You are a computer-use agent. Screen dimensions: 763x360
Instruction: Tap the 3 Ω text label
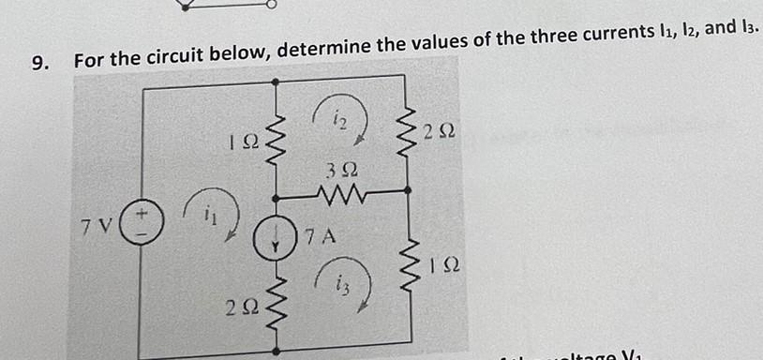[340, 172]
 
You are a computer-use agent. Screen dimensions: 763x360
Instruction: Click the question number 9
[38, 63]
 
